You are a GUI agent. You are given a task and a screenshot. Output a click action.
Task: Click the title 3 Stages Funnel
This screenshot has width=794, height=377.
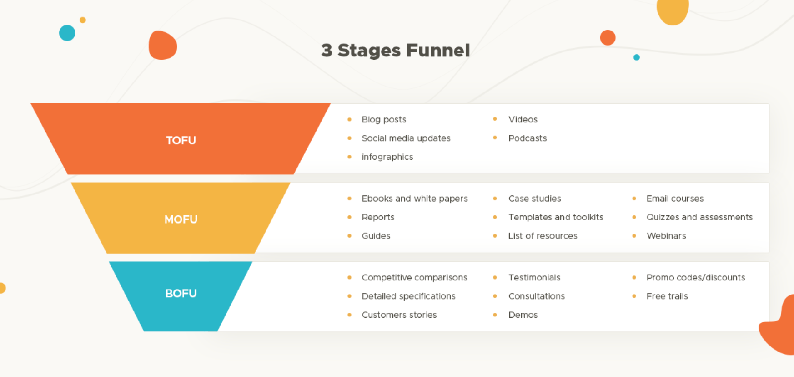tap(395, 50)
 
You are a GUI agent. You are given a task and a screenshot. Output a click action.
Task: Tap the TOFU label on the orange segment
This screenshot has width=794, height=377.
tap(181, 140)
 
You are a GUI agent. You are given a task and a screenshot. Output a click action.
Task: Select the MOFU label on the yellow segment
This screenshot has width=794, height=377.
tap(181, 219)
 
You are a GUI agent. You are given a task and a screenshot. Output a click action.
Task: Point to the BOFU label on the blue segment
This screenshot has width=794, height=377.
tap(181, 294)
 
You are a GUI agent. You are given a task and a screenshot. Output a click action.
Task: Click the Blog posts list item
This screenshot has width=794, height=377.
tap(384, 119)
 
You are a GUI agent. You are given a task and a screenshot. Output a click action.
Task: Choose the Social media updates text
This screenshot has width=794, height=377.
tap(406, 138)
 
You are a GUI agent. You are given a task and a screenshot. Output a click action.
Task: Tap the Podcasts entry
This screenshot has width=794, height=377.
tap(527, 138)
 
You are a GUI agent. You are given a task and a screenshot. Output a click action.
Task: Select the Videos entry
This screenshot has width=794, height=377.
tap(523, 119)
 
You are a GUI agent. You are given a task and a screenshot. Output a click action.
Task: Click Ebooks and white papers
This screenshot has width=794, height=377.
tap(414, 199)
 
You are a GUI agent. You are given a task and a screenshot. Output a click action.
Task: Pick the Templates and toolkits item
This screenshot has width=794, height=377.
tap(555, 217)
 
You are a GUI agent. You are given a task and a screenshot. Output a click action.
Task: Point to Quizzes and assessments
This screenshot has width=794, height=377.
tap(699, 217)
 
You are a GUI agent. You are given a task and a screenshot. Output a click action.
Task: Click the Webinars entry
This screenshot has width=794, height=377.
tap(666, 236)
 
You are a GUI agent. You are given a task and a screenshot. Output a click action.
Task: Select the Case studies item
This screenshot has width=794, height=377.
tap(534, 199)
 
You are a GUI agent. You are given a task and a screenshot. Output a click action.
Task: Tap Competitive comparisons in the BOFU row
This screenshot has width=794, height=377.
tap(414, 277)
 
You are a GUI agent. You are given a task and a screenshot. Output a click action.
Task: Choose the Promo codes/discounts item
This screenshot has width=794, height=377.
tap(695, 277)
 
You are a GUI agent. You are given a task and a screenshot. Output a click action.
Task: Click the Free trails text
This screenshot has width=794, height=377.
tap(667, 296)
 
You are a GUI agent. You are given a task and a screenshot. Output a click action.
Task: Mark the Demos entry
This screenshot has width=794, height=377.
tap(523, 315)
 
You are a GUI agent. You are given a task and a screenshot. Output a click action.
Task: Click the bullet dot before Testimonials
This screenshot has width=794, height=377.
tap(495, 277)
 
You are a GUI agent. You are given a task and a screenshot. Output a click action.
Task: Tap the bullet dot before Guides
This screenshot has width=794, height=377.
tap(349, 236)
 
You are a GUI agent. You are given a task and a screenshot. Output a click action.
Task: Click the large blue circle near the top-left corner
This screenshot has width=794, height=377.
tap(67, 33)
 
